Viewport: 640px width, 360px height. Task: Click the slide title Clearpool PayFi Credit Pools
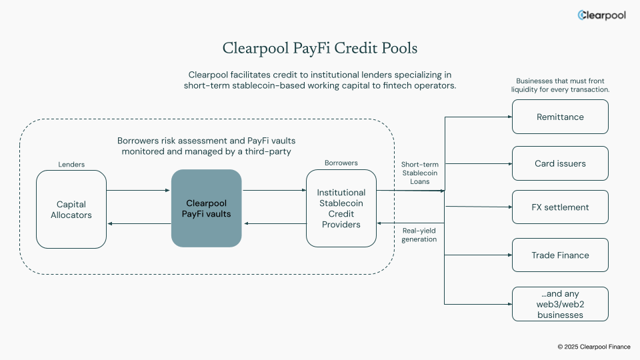point(320,49)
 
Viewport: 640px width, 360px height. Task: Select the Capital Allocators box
point(71,209)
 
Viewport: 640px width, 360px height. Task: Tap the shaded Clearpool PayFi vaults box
point(206,208)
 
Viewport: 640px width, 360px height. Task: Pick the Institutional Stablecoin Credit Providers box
point(341,209)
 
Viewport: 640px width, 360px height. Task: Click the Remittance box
point(560,117)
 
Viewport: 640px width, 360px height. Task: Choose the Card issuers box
point(560,163)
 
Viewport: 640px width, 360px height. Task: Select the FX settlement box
point(560,207)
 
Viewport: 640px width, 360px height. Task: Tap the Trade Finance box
point(560,255)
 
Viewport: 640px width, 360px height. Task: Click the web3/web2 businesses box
point(560,305)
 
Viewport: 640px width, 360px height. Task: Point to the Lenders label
point(71,164)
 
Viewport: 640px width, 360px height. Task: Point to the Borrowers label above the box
point(341,163)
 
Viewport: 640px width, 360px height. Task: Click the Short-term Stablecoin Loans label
point(419,173)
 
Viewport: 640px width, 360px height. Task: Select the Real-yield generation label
point(419,235)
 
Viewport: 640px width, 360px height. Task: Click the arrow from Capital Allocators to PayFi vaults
point(139,191)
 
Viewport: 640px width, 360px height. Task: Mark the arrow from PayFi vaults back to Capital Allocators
point(139,224)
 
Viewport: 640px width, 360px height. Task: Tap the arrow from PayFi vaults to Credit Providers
point(273,191)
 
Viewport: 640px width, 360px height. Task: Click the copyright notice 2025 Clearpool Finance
point(594,347)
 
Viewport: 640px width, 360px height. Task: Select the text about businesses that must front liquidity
point(560,85)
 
